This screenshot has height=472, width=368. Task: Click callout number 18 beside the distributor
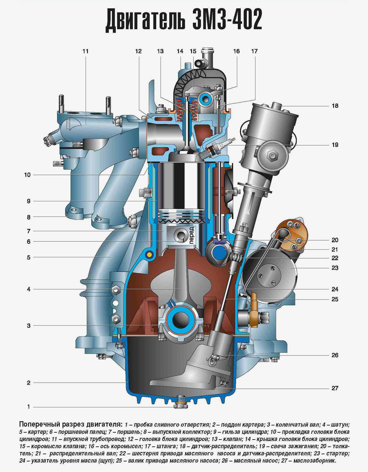point(335,106)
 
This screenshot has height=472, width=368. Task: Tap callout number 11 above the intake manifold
point(85,51)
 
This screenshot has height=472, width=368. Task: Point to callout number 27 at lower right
point(335,388)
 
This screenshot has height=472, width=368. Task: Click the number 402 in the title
point(240,20)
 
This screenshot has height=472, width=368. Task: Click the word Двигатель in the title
point(145,20)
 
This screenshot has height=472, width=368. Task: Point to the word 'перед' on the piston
point(191,235)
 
